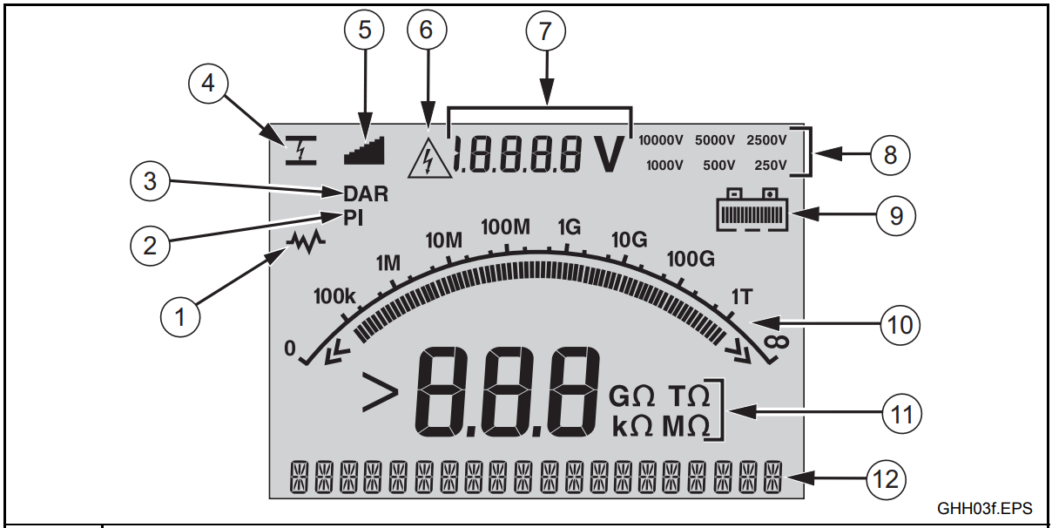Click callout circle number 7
[546, 31]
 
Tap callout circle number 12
[887, 477]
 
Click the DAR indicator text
[366, 194]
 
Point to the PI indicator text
[353, 219]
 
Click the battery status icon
[752, 212]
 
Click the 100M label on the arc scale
[505, 228]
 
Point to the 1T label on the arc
[742, 297]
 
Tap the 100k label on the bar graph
[334, 297]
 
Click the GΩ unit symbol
[631, 397]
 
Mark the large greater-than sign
[380, 398]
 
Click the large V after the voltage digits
[611, 154]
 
